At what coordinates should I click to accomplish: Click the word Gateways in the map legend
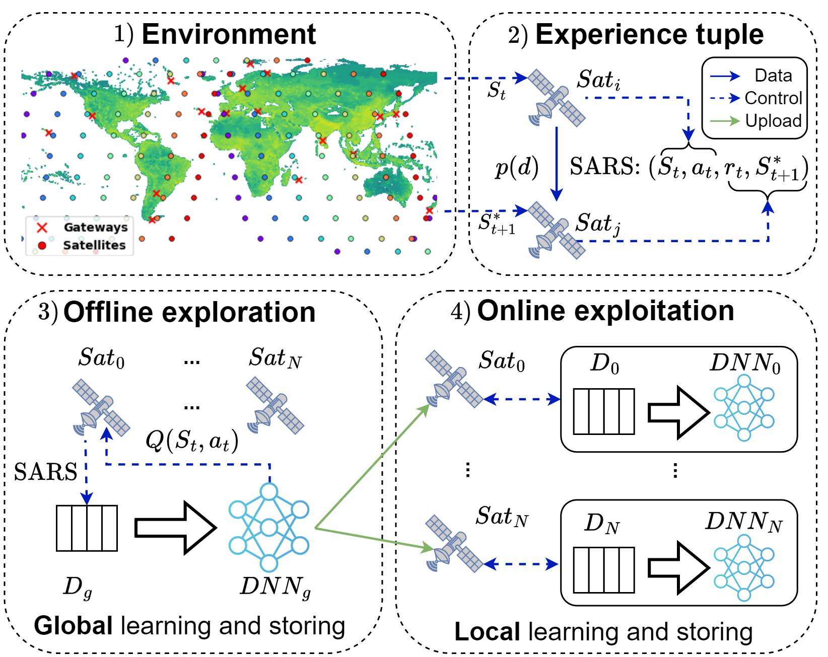click(x=96, y=227)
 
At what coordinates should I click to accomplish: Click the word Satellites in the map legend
click(x=94, y=245)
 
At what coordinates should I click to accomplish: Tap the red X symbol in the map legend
click(x=42, y=228)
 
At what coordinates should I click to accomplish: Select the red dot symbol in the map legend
click(x=42, y=246)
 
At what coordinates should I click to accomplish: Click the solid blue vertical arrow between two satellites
click(x=556, y=164)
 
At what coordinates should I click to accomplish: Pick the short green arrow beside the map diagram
click(x=725, y=121)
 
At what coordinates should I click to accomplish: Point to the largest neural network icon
click(x=269, y=528)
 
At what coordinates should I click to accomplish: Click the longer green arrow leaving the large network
click(x=372, y=466)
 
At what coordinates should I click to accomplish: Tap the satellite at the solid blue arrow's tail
click(x=556, y=98)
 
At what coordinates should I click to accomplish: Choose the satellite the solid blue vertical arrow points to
click(x=556, y=231)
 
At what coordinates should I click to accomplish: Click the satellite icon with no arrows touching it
click(x=274, y=405)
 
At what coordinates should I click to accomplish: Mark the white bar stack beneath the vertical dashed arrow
click(x=87, y=528)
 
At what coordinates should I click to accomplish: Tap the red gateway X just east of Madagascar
click(x=299, y=180)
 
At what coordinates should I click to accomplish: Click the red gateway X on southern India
click(x=323, y=140)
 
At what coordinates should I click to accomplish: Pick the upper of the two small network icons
click(x=744, y=407)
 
